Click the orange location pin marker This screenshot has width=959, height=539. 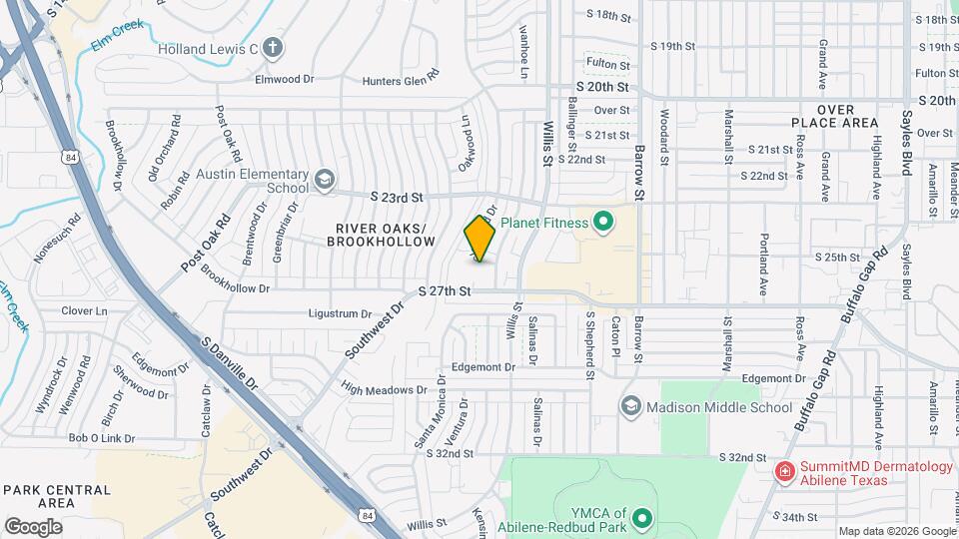click(x=479, y=239)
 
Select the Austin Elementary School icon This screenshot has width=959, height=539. click(x=324, y=180)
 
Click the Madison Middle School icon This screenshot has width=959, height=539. click(x=630, y=406)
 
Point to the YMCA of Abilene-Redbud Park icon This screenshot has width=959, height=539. click(x=639, y=518)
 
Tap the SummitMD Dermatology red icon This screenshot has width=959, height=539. click(x=786, y=470)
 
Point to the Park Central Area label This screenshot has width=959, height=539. click(x=56, y=496)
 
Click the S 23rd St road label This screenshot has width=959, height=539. click(x=397, y=198)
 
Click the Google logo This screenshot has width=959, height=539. click(x=33, y=527)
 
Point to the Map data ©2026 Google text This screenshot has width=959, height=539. click(x=896, y=531)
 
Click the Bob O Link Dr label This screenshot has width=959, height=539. click(x=101, y=438)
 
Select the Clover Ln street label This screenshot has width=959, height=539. click(x=84, y=311)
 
